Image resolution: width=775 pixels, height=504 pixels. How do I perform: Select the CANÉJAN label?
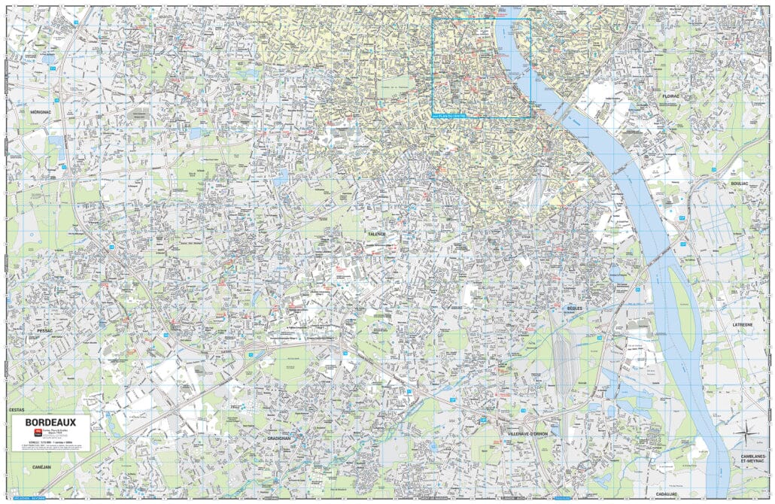click(42, 466)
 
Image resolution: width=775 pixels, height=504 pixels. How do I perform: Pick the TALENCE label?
click(377, 234)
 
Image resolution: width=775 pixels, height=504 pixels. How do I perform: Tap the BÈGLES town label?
click(575, 308)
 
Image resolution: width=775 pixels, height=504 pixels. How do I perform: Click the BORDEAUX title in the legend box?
click(51, 423)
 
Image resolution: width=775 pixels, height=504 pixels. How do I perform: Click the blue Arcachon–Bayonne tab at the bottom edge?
click(24, 497)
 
